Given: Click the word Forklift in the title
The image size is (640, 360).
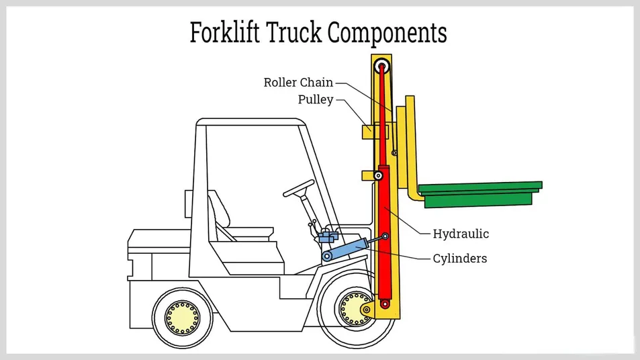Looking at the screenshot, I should pyautogui.click(x=224, y=32).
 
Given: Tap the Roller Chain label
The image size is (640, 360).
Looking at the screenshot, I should pyautogui.click(x=298, y=83).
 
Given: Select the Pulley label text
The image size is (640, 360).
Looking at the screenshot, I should pyautogui.click(x=316, y=100).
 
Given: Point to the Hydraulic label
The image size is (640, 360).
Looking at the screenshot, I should pyautogui.click(x=461, y=234).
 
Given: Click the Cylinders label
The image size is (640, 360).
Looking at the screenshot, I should pyautogui.click(x=460, y=258).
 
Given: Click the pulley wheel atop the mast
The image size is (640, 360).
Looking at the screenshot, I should pyautogui.click(x=383, y=66).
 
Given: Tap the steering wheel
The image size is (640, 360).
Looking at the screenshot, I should pyautogui.click(x=299, y=188).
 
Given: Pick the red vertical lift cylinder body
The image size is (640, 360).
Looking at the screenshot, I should pyautogui.click(x=383, y=228).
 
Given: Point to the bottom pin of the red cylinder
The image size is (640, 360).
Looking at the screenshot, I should pyautogui.click(x=385, y=304).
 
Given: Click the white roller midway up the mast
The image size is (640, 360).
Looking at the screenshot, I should pyautogui.click(x=379, y=176).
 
